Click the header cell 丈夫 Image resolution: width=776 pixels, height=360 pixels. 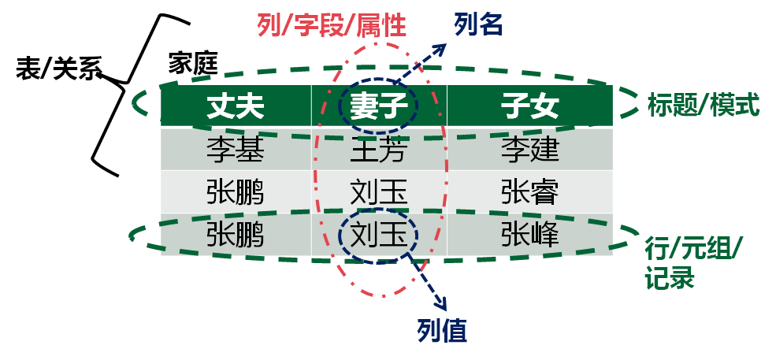coord(235,107)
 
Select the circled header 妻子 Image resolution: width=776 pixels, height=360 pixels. coord(378,107)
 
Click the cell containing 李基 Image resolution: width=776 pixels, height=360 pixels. coord(235,149)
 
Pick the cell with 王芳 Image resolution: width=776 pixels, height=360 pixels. coord(378,149)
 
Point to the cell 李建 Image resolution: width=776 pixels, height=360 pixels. coord(529,149)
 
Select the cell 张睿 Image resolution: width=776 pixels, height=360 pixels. coord(529,191)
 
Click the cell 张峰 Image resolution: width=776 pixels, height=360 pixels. coord(529,234)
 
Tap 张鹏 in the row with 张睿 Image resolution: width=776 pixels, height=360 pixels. coord(235,191)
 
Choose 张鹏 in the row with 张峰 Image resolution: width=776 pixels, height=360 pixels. coord(235,234)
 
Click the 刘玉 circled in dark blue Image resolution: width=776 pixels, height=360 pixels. coord(378,234)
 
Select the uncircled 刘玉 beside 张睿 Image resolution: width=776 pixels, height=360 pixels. coord(378,191)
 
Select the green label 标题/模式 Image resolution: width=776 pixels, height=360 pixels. coord(703,104)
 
